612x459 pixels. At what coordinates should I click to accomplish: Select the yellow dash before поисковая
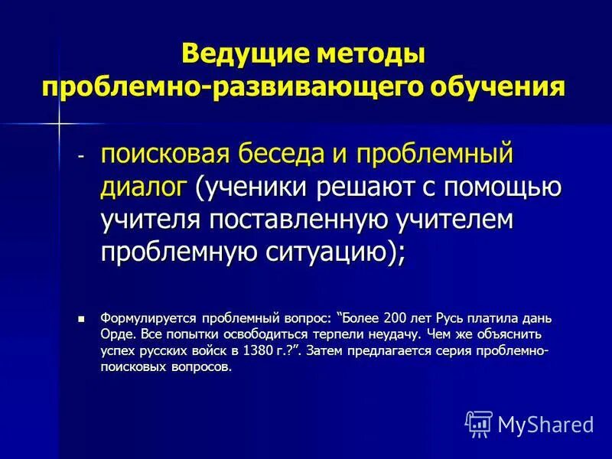pos(82,153)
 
